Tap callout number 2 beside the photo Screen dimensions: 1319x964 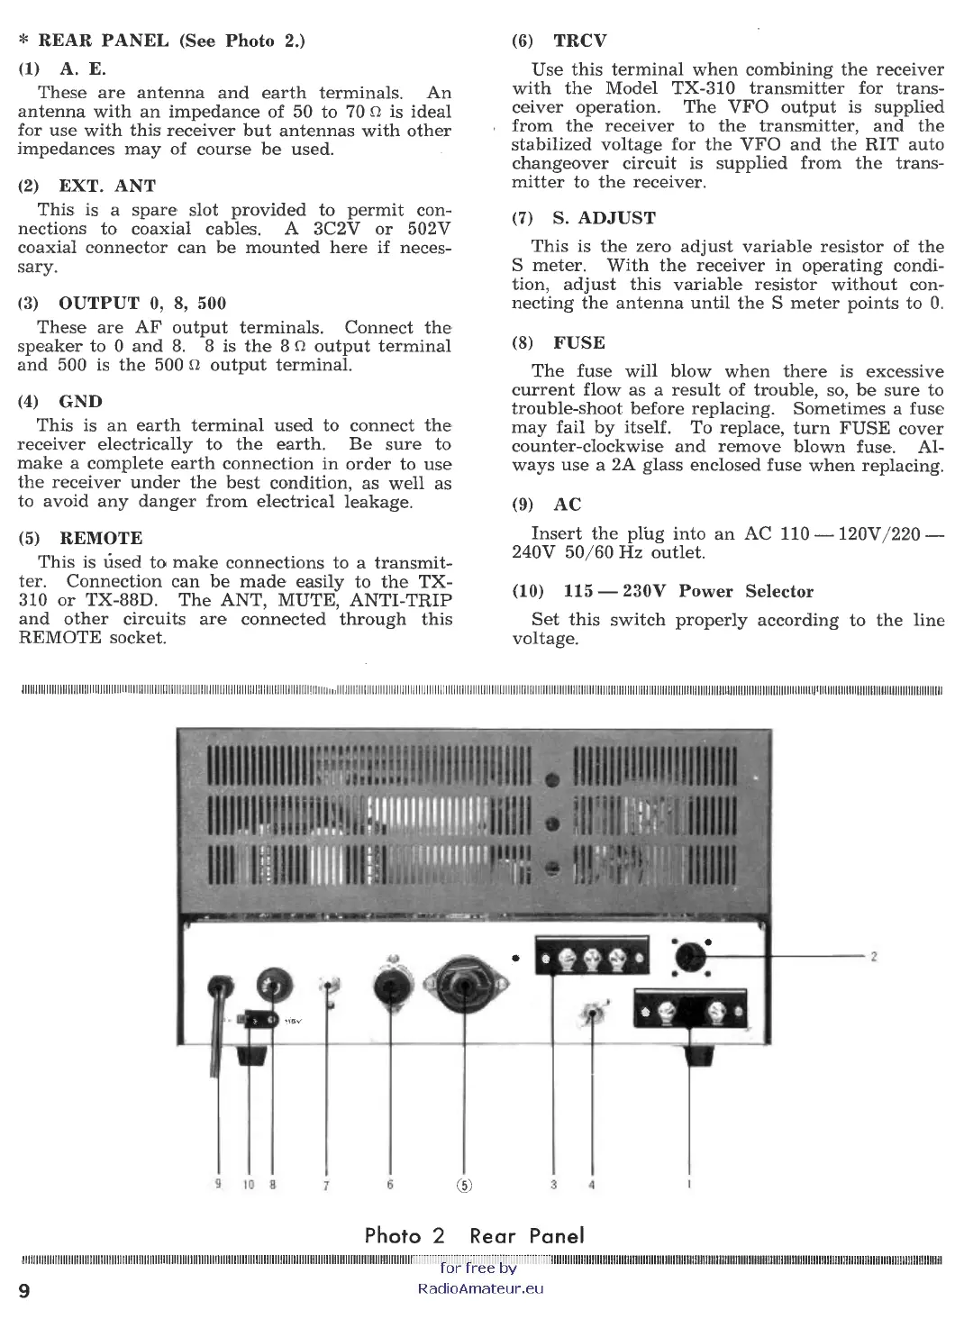873,957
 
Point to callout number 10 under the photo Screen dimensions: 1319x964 248,1185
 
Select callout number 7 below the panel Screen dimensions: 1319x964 325,1186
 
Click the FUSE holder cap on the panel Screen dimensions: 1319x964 271,983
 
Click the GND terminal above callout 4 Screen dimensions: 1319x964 592,1015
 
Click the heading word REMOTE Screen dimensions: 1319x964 101,538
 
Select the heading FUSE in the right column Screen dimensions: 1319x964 579,343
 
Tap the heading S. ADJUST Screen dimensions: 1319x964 604,218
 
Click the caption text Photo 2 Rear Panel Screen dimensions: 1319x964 474,1235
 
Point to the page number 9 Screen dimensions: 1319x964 24,1291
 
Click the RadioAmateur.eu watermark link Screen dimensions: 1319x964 481,1287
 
